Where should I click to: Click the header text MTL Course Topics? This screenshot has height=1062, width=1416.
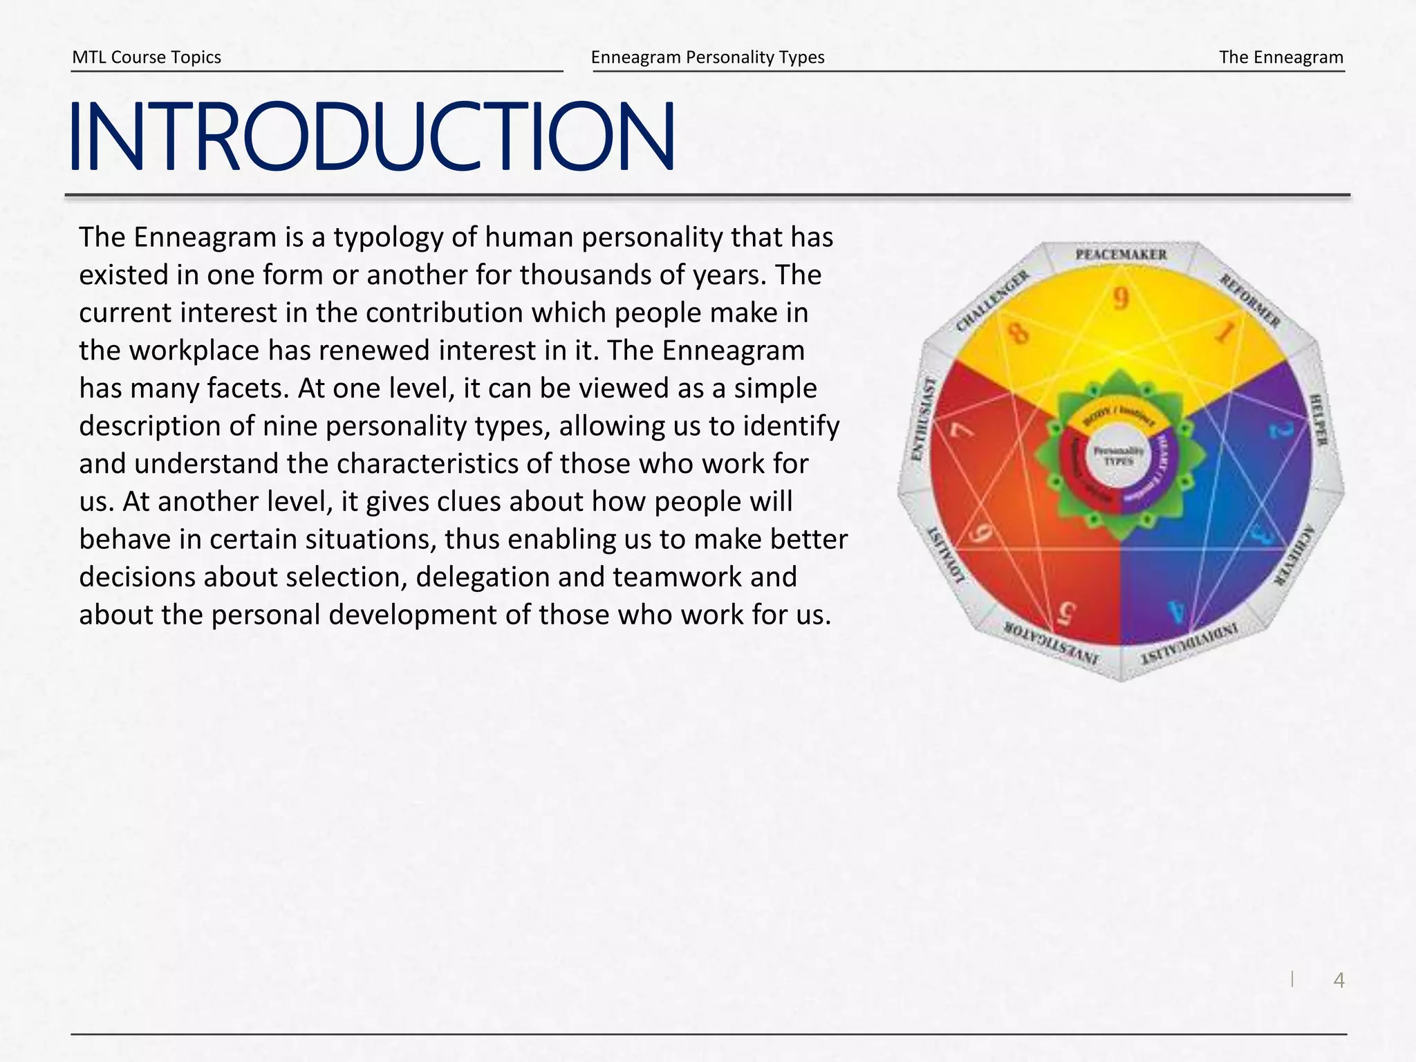pyautogui.click(x=147, y=57)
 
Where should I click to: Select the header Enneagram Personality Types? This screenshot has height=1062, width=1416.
pyautogui.click(x=707, y=57)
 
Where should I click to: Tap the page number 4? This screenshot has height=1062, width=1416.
pyautogui.click(x=1339, y=980)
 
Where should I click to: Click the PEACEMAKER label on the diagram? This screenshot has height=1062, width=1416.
pyautogui.click(x=1121, y=254)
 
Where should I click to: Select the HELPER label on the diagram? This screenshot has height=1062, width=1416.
pyautogui.click(x=1318, y=420)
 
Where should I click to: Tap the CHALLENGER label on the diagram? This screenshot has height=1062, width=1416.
pyautogui.click(x=992, y=302)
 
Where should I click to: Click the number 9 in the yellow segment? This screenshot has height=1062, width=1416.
pyautogui.click(x=1120, y=299)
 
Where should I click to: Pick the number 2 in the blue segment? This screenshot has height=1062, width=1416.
pyautogui.click(x=1280, y=430)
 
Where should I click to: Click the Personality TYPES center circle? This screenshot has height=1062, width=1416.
pyautogui.click(x=1119, y=456)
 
